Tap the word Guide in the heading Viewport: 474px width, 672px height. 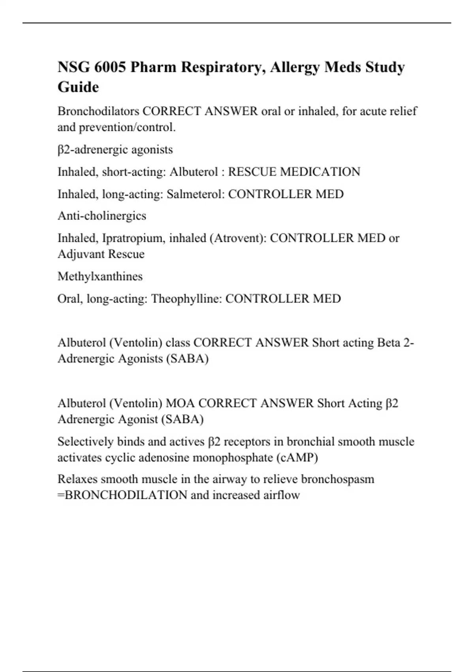(x=78, y=87)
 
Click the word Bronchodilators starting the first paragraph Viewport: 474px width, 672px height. (x=98, y=111)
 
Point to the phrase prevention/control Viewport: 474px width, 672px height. (x=127, y=127)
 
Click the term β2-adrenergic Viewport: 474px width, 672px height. (x=93, y=150)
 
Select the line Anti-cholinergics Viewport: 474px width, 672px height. (x=102, y=216)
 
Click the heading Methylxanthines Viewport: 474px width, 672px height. (x=100, y=276)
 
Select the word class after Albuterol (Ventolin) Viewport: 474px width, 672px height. (x=178, y=342)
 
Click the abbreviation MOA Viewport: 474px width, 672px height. (x=180, y=403)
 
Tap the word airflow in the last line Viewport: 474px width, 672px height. (x=282, y=495)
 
